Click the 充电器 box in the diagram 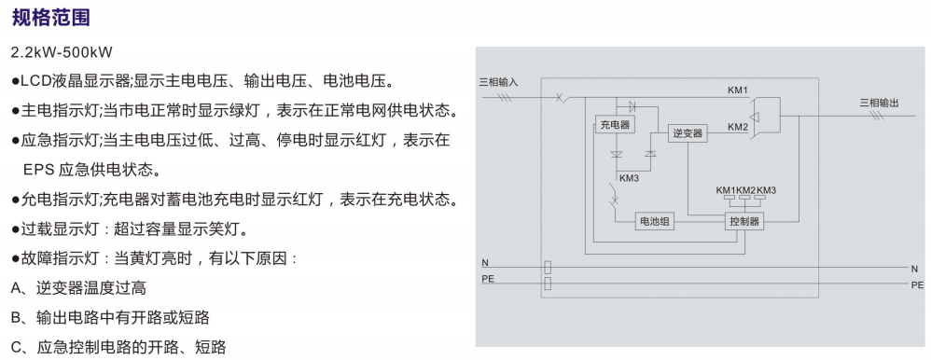[x=614, y=125]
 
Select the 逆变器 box [x=688, y=133]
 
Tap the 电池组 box [x=654, y=222]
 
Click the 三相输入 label [x=499, y=83]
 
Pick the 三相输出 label [x=880, y=103]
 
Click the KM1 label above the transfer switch [x=738, y=90]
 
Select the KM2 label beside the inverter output [x=738, y=127]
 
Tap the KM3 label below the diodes [x=629, y=177]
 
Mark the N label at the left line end [x=484, y=263]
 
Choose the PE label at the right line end [x=917, y=285]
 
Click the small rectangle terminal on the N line [x=548, y=268]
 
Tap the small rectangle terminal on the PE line [x=548, y=284]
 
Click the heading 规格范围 [x=51, y=18]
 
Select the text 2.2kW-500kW [x=62, y=52]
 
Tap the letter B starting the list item [x=16, y=318]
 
